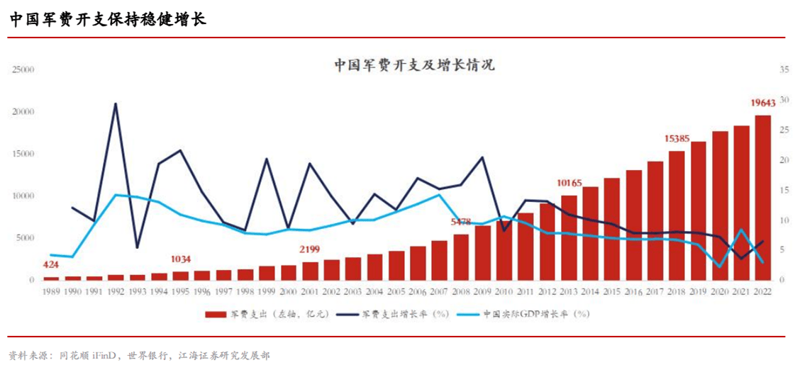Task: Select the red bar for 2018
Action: point(677,215)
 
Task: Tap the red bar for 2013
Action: point(569,237)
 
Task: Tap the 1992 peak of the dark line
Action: point(115,103)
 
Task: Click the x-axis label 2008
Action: point(461,291)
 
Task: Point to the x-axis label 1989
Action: point(50,291)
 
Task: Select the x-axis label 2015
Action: point(612,291)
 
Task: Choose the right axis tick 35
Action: point(784,69)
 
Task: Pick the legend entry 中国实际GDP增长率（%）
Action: point(524,313)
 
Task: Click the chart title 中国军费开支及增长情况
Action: point(414,66)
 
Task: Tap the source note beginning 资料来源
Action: point(139,354)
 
